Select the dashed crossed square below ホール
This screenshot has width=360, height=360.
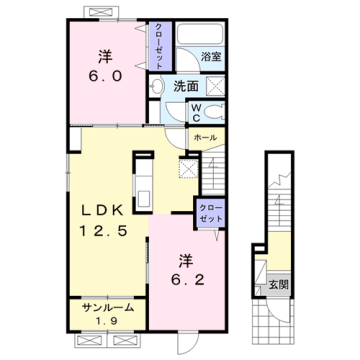coord(189,167)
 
